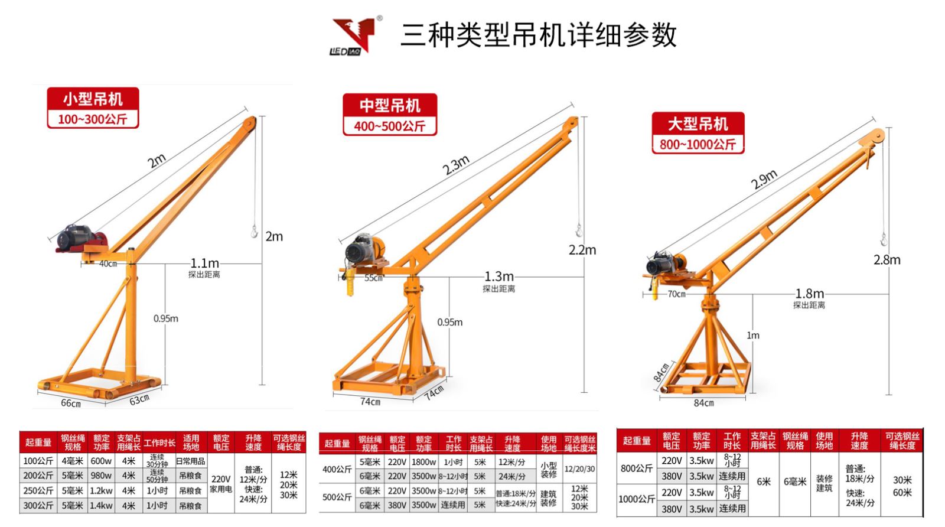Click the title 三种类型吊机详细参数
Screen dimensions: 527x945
tap(538, 35)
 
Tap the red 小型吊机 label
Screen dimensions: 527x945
tap(93, 98)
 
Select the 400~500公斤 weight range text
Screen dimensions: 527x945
tap(389, 126)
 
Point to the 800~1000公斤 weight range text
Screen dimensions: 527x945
tap(698, 144)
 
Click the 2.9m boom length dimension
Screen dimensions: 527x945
tap(764, 179)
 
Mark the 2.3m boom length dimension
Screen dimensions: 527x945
tap(456, 165)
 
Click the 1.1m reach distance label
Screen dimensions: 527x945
tap(204, 263)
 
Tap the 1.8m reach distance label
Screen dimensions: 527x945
tap(809, 294)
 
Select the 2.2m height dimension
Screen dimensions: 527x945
tap(582, 250)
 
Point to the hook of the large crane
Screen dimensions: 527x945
tap(884, 239)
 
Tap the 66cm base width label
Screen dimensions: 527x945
tap(71, 403)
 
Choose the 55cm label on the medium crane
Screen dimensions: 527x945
tap(373, 278)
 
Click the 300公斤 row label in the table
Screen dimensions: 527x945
tap(38, 506)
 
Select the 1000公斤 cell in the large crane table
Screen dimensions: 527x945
tap(636, 499)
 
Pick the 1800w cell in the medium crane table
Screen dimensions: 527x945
tap(423, 462)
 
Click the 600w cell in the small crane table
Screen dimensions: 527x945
tap(101, 461)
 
